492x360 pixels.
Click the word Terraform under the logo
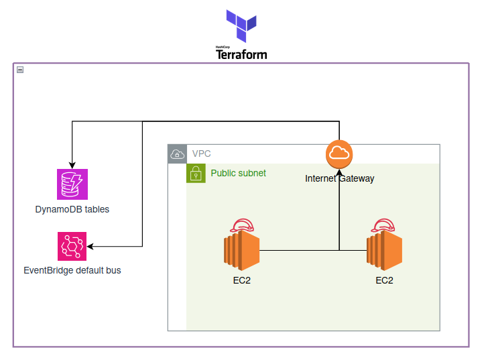[x=241, y=54]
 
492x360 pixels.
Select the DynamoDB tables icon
[x=72, y=184]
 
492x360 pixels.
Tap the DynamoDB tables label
[x=72, y=209]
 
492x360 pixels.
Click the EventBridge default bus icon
[x=72, y=246]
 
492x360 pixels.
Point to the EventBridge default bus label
[x=72, y=271]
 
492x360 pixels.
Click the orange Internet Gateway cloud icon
[x=339, y=154]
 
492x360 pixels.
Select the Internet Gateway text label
[x=339, y=178]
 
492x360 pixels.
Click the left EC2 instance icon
[x=241, y=250]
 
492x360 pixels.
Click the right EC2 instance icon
[x=383, y=250]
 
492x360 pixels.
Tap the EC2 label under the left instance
[x=241, y=280]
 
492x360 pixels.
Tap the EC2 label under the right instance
[x=384, y=280]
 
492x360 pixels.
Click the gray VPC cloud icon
[x=177, y=154]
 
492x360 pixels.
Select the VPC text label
[x=202, y=154]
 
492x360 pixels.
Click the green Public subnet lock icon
[x=195, y=174]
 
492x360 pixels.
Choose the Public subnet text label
[x=238, y=173]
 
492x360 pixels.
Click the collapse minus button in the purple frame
[x=20, y=70]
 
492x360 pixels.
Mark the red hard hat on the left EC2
[x=241, y=225]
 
